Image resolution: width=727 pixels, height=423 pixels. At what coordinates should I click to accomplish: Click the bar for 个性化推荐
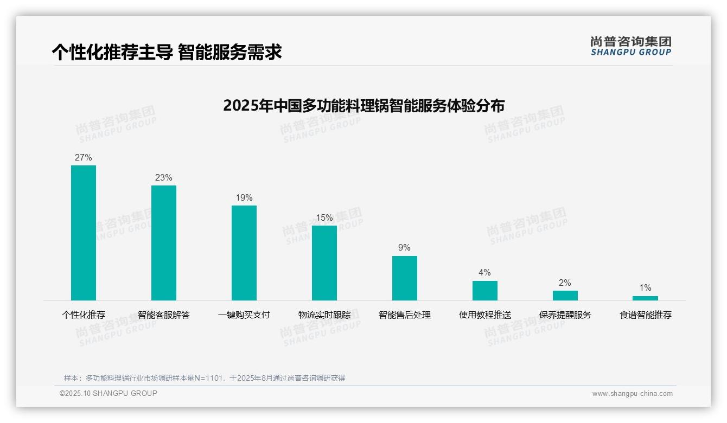tap(84, 233)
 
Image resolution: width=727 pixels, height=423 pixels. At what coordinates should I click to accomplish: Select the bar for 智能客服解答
tap(164, 242)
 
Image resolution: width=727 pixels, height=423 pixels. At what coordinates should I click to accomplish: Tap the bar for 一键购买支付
tap(244, 253)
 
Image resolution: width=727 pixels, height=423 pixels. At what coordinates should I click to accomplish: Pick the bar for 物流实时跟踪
tap(324, 262)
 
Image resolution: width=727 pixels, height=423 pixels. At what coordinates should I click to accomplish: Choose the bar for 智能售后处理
tap(405, 278)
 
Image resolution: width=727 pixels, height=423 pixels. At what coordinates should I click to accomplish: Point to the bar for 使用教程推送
tap(485, 290)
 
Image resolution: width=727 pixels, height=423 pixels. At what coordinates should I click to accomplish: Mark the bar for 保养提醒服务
tap(565, 296)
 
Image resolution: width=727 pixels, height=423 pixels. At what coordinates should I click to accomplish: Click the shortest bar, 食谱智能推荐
tap(645, 298)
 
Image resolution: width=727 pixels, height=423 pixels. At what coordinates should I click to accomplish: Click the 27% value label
tap(84, 158)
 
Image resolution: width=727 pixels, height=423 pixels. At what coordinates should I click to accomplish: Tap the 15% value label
tap(324, 218)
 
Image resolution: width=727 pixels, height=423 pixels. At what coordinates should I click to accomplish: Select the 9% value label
tap(405, 248)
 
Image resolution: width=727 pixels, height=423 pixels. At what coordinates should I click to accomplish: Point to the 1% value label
tap(645, 288)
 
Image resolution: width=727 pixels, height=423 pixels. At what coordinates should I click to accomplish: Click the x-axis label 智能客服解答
tap(164, 315)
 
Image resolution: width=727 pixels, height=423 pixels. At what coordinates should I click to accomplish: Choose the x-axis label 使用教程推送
tap(485, 315)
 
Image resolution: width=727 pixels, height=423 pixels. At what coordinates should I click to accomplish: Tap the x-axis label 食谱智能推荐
tap(646, 315)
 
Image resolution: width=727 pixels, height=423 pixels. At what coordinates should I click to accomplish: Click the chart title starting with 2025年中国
tap(363, 105)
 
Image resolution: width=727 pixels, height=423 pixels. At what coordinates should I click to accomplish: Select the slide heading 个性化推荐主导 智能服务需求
tap(167, 53)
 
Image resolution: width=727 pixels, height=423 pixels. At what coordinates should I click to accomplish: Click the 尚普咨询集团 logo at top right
tap(631, 46)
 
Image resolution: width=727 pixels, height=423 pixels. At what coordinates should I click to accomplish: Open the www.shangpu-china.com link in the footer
tap(632, 394)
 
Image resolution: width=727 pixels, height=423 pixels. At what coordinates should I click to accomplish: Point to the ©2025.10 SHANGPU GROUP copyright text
tap(109, 393)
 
